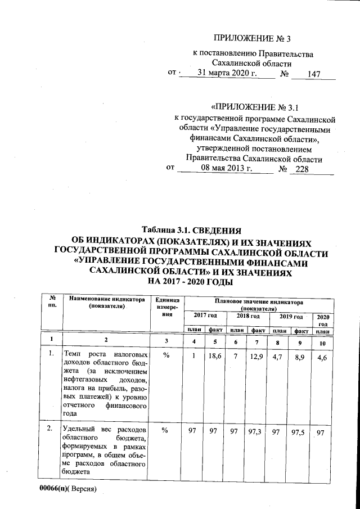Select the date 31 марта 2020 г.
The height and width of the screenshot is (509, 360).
[227, 73]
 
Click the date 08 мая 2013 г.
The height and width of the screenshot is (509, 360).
[225, 168]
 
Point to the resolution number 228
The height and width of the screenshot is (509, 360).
[303, 169]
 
